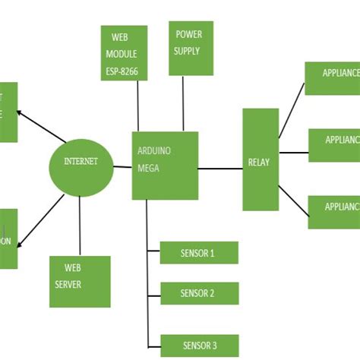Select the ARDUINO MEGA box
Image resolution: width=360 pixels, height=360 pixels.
tap(164, 166)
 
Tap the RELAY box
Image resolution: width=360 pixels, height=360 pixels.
tap(261, 159)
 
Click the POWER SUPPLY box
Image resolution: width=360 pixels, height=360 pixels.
tap(190, 48)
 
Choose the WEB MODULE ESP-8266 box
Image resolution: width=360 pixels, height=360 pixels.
tap(124, 53)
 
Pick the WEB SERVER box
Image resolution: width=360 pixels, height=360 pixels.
tap(79, 281)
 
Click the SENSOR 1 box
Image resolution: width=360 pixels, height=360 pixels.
tap(199, 253)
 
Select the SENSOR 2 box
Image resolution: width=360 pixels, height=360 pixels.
tap(199, 293)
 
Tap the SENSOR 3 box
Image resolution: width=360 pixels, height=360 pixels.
tap(200, 346)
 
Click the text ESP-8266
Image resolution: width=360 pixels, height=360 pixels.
tap(124, 73)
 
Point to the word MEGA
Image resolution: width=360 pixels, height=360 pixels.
tap(148, 168)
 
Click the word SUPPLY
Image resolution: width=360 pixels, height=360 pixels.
tap(187, 52)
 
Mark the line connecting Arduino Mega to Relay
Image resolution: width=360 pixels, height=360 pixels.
tap(220, 169)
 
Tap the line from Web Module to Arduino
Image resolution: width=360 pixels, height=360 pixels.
tap(138, 106)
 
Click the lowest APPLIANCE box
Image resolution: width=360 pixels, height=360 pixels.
tap(333, 212)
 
